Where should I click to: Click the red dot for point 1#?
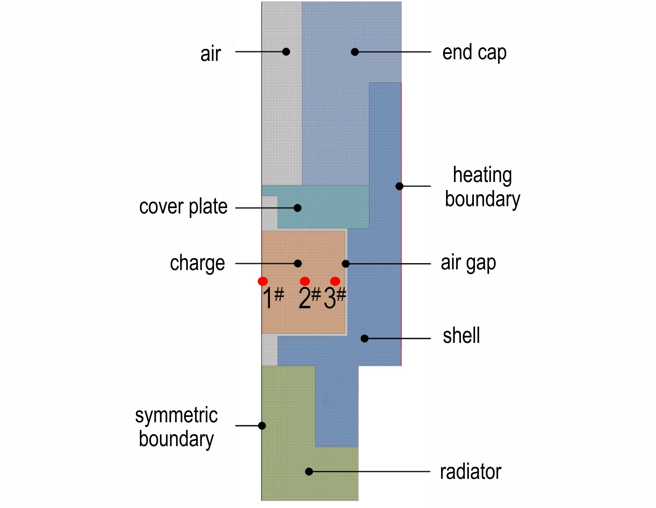(x=263, y=281)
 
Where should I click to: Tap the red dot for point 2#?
(x=305, y=281)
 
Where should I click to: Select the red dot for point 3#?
(x=335, y=281)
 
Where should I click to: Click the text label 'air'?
(x=211, y=54)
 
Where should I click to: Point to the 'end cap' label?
(x=474, y=53)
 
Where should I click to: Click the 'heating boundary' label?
(x=482, y=187)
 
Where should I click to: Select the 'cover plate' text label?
(x=184, y=207)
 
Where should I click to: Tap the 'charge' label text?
(x=197, y=263)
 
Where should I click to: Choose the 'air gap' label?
(x=469, y=263)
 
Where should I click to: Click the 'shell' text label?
(x=461, y=336)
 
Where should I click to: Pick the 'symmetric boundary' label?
(x=177, y=427)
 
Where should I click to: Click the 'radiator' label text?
(x=471, y=472)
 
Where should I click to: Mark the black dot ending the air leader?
(x=286, y=52)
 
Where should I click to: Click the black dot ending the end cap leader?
(x=355, y=52)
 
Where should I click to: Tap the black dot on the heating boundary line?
(x=399, y=186)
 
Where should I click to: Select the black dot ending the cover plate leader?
(x=298, y=208)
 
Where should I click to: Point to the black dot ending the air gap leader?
(x=346, y=264)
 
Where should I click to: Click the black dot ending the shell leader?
(x=364, y=339)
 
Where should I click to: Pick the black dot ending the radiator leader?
(x=309, y=472)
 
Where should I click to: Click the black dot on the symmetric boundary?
(x=262, y=426)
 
